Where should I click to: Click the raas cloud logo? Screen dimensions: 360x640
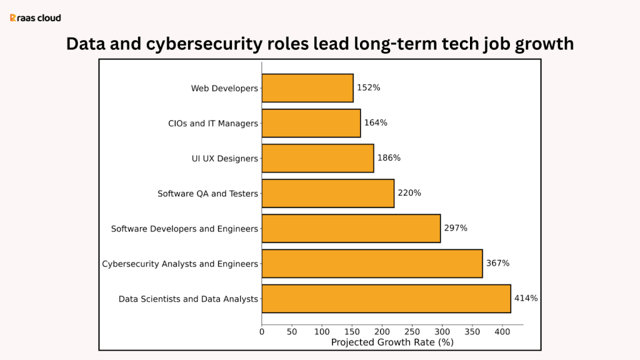pyautogui.click(x=36, y=18)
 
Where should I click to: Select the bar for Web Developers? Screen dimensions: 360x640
pyautogui.click(x=307, y=88)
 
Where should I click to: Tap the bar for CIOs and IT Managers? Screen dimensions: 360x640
pyautogui.click(x=311, y=123)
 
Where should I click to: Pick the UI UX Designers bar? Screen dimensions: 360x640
pyautogui.click(x=317, y=158)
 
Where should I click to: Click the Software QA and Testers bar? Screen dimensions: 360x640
pyautogui.click(x=328, y=193)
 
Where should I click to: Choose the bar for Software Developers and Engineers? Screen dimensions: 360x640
pyautogui.click(x=351, y=228)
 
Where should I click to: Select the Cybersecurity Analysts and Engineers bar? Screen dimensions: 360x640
pyautogui.click(x=372, y=263)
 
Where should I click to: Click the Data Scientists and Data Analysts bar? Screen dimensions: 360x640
pyautogui.click(x=386, y=298)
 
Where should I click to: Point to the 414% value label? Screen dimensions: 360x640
pyautogui.click(x=526, y=298)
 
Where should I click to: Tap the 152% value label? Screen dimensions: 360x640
pyautogui.click(x=368, y=88)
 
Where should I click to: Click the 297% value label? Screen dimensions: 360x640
pyautogui.click(x=456, y=228)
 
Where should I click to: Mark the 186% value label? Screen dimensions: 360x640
pyautogui.click(x=389, y=158)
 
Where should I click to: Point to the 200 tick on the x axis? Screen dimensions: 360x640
pyautogui.click(x=382, y=332)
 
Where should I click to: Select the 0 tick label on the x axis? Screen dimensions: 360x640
pyautogui.click(x=262, y=332)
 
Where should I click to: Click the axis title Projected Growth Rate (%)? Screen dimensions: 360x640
pyautogui.click(x=392, y=342)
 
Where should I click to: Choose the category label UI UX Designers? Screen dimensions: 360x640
pyautogui.click(x=224, y=159)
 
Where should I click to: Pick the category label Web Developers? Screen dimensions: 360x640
pyautogui.click(x=224, y=89)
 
